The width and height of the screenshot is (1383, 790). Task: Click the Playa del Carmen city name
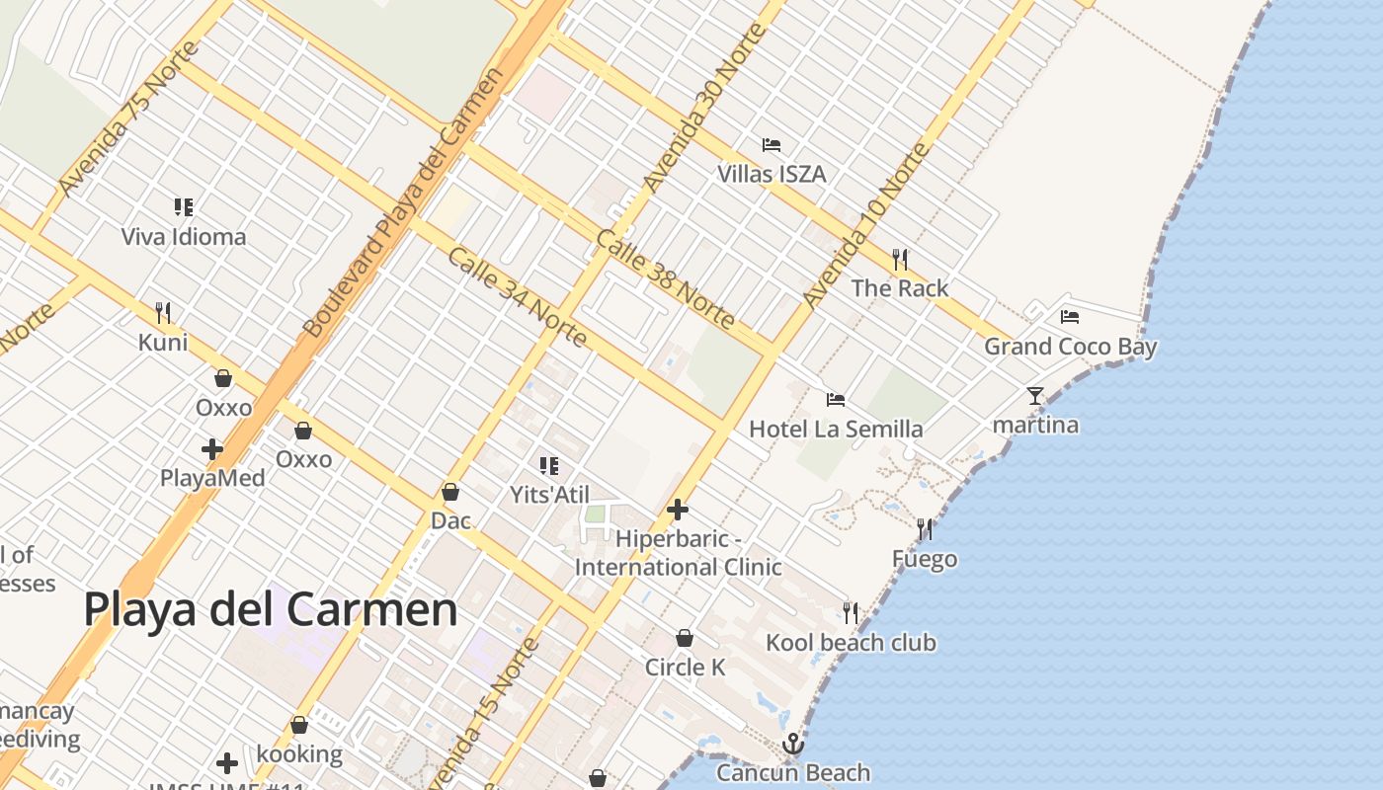(x=271, y=609)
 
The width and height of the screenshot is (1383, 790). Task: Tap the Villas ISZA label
(x=772, y=175)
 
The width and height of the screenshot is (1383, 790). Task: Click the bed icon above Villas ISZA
(x=772, y=145)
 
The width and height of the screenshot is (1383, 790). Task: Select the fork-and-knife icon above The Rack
(x=899, y=260)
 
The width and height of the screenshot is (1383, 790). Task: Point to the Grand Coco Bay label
(x=1070, y=347)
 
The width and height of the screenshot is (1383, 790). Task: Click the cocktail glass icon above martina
(x=1034, y=396)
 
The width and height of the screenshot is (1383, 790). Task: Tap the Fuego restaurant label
(x=925, y=559)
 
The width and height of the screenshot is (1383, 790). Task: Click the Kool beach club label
(x=851, y=643)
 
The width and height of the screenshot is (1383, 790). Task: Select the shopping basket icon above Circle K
(x=684, y=639)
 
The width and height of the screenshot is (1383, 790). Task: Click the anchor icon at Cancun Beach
(x=793, y=744)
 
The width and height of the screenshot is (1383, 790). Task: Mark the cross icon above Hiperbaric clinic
(x=678, y=511)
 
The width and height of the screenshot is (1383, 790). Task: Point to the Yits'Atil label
(x=549, y=494)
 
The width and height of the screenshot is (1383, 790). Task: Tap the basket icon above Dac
(x=450, y=492)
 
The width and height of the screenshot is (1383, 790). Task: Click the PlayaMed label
(x=212, y=479)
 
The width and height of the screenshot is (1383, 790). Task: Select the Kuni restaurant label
(x=163, y=343)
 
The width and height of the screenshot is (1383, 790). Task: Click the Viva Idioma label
(x=184, y=237)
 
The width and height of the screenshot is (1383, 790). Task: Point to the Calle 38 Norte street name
(x=665, y=280)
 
